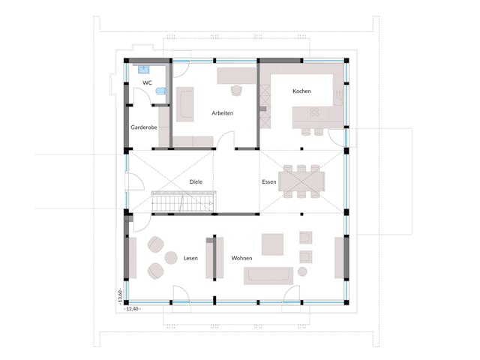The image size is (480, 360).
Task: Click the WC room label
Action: (148, 82)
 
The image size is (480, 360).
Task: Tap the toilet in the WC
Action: (160, 91)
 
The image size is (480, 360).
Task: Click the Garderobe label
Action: (144, 127)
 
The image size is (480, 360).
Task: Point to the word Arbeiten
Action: (223, 113)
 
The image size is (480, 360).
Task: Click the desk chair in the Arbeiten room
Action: (236, 90)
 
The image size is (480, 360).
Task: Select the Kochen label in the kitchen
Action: (302, 91)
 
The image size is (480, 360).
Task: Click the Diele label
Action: (196, 181)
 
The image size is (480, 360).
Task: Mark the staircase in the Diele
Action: (184, 202)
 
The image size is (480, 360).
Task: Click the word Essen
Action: (268, 182)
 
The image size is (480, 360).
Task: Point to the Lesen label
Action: (190, 258)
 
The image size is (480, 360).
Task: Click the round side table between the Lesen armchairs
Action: (165, 257)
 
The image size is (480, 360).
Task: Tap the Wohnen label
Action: (241, 258)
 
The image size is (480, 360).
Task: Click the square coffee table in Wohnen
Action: (272, 243)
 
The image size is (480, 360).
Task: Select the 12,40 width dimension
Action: (133, 308)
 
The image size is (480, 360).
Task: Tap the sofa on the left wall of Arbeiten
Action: (185, 104)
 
